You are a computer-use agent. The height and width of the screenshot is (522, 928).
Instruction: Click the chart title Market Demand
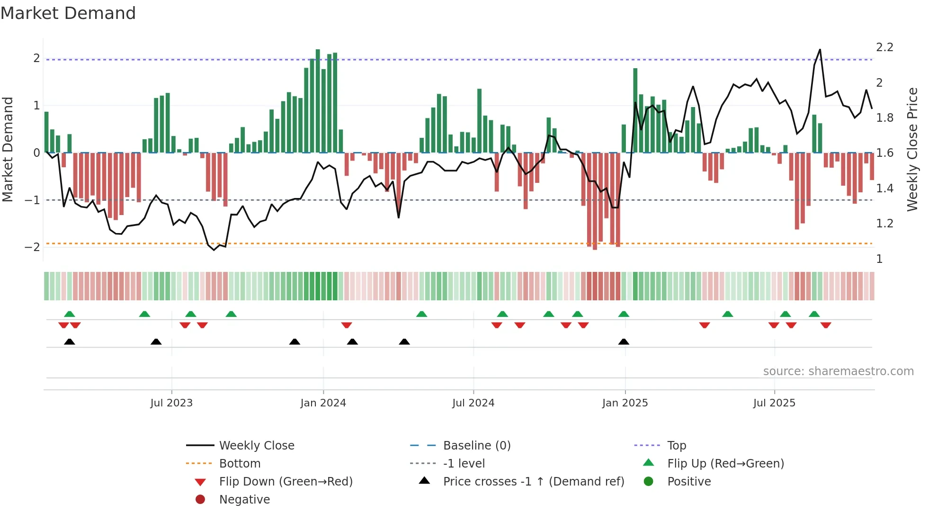tap(68, 13)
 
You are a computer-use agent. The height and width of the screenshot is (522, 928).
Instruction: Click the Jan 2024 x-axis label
tap(323, 403)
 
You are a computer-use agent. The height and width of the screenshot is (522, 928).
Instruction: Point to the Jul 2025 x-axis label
tap(774, 403)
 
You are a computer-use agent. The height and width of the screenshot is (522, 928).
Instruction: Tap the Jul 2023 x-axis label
tap(171, 403)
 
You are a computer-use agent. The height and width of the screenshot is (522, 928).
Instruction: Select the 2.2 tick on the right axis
tap(884, 47)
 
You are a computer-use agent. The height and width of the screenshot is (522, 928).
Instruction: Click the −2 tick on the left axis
tap(33, 247)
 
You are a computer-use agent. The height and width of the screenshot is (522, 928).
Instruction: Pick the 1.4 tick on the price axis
tap(884, 189)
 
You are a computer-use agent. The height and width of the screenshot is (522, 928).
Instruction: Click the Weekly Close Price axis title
tap(912, 149)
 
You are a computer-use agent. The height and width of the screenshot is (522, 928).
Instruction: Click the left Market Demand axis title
tap(8, 149)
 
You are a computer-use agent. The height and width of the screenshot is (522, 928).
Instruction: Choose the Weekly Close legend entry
tap(256, 446)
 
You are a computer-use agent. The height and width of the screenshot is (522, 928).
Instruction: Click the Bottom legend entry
tap(240, 464)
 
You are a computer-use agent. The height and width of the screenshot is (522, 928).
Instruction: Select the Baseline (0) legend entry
tap(476, 446)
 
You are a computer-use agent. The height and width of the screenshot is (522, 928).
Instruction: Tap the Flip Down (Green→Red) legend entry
tap(286, 482)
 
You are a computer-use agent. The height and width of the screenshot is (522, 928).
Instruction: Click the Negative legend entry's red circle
tap(200, 500)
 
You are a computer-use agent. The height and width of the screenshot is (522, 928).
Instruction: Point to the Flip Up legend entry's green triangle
tap(649, 463)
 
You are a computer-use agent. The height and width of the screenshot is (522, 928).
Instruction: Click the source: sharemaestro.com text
tap(838, 371)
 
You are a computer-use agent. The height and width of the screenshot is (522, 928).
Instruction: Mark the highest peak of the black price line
tap(820, 50)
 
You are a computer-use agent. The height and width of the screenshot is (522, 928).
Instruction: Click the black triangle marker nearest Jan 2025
tap(624, 342)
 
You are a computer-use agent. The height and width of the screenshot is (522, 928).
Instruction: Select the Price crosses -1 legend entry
tap(533, 482)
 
